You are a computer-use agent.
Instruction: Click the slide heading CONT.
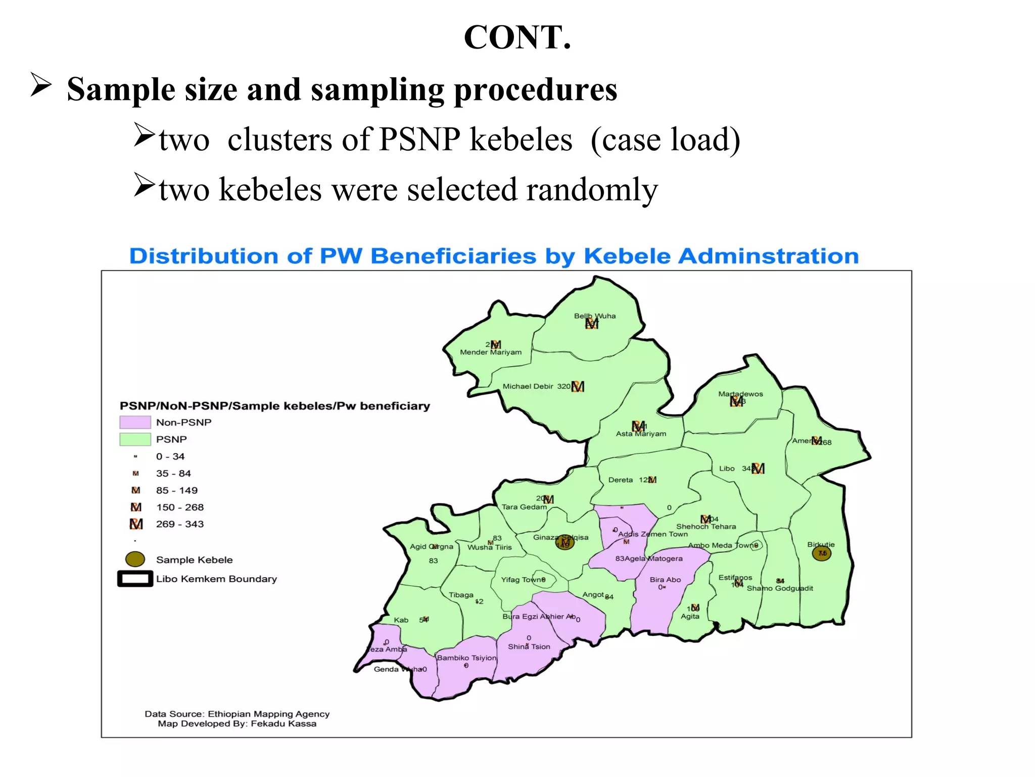click(x=517, y=37)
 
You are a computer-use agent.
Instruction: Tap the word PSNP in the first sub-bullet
click(x=419, y=139)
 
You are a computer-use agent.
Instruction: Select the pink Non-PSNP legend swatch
click(x=135, y=422)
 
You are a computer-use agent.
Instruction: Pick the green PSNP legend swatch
click(x=135, y=439)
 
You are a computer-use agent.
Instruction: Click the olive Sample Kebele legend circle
click(x=135, y=559)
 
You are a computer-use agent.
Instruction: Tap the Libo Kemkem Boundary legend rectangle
click(x=135, y=579)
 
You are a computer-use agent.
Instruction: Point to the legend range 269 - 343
click(x=179, y=524)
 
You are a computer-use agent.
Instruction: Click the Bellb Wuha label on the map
click(x=594, y=316)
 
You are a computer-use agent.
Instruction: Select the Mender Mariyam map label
click(x=490, y=353)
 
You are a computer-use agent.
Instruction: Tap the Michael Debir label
click(x=528, y=386)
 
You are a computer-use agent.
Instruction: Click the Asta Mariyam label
click(x=641, y=434)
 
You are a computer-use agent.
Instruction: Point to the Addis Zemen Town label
click(x=653, y=534)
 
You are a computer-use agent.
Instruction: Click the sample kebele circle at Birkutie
click(x=821, y=553)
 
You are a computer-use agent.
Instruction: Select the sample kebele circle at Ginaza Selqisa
click(x=564, y=543)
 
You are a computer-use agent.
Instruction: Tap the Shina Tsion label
click(x=529, y=646)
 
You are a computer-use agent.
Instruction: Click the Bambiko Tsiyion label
click(x=466, y=658)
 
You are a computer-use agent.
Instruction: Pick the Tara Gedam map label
click(x=524, y=507)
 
